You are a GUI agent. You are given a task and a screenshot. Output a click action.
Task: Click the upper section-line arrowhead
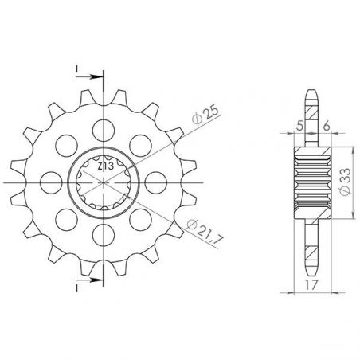click(x=99, y=77)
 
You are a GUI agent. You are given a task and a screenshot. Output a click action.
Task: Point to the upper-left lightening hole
click(x=65, y=143)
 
